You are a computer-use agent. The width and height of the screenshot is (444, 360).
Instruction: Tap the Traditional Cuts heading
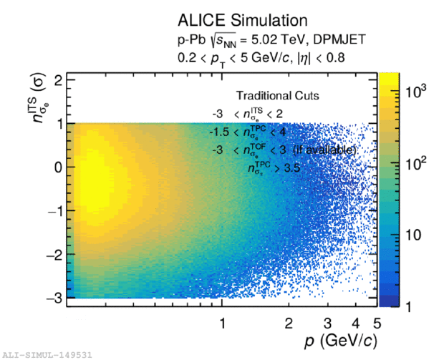(278, 95)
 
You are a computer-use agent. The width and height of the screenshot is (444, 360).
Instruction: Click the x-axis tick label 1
(223, 322)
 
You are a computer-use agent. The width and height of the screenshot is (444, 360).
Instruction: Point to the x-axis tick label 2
(289, 322)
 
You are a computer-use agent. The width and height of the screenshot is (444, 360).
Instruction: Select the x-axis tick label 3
(327, 322)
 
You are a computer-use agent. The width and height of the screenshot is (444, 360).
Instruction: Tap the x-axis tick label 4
(355, 322)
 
